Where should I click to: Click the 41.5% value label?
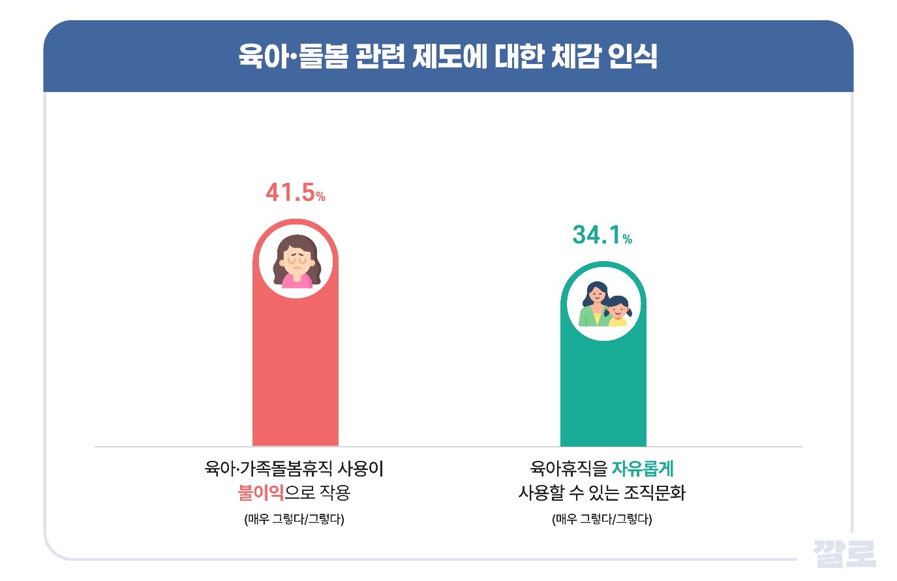(x=295, y=193)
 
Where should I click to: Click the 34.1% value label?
(x=601, y=235)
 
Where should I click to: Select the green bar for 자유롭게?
(x=603, y=392)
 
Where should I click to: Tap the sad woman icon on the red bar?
(x=296, y=262)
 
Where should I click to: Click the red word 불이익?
(x=261, y=492)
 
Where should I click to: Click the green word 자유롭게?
(x=643, y=469)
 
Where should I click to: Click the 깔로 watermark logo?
(x=844, y=554)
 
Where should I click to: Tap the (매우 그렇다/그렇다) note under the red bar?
(x=294, y=520)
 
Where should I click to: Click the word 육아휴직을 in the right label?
(x=568, y=469)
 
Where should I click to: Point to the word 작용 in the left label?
(x=335, y=492)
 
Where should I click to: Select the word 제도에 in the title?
(x=441, y=56)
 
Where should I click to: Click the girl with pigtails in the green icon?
(x=617, y=311)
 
